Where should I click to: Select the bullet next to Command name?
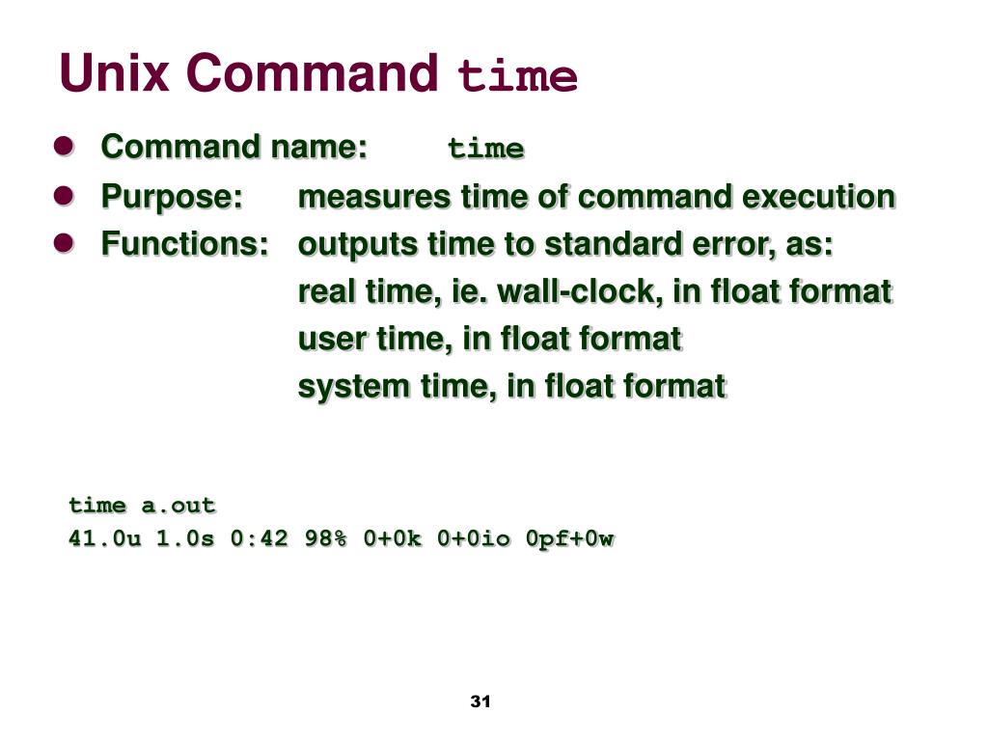click(64, 147)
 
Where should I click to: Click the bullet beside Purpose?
click(64, 196)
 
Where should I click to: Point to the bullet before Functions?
click(64, 243)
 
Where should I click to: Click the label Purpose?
click(172, 197)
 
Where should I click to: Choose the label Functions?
click(185, 244)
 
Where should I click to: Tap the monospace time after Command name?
click(485, 150)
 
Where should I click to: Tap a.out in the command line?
click(178, 506)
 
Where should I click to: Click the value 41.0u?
click(104, 538)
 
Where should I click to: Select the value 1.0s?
click(185, 538)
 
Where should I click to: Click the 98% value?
click(325, 538)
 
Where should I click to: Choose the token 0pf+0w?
click(569, 538)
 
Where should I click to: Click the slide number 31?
click(480, 701)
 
